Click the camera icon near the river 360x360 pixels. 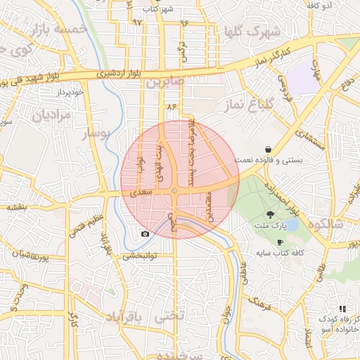(145, 233)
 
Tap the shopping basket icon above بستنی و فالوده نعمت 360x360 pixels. (269, 149)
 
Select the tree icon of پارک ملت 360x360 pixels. (271, 215)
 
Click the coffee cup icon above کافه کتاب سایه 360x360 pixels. (280, 242)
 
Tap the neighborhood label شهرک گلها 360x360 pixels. (251, 32)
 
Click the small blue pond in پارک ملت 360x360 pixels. (291, 225)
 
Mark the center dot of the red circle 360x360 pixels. (174, 191)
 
